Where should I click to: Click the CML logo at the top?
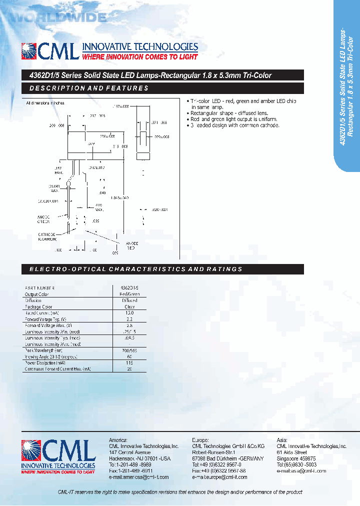(x=49, y=51)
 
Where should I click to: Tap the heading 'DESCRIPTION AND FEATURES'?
(x=89, y=88)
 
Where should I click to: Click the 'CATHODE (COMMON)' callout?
(x=50, y=236)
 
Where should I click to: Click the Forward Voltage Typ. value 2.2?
(x=129, y=319)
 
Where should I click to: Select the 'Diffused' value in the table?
(x=129, y=301)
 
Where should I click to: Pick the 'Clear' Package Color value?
(x=129, y=307)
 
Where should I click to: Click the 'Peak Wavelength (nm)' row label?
(x=45, y=349)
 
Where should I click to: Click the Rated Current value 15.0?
(x=129, y=313)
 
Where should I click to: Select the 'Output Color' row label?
(x=38, y=294)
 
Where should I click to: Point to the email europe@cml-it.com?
(x=219, y=477)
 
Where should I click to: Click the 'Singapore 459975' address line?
(x=296, y=458)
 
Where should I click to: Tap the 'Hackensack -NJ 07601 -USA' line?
(x=139, y=458)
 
